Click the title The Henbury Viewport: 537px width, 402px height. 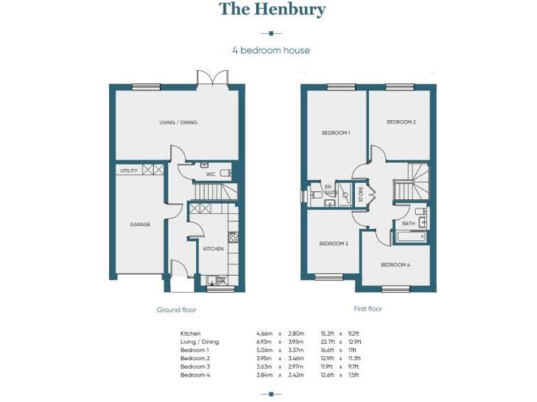(271, 10)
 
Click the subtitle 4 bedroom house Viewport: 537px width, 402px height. (271, 50)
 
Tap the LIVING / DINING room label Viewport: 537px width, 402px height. (178, 122)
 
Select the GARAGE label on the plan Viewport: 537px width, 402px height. (140, 225)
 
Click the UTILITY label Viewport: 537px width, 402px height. (129, 170)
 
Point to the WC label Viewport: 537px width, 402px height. (210, 174)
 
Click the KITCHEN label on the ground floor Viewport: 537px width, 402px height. (213, 248)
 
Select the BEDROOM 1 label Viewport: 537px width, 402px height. (336, 133)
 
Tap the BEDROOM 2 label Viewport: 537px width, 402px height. (401, 122)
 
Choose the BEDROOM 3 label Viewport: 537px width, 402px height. (334, 244)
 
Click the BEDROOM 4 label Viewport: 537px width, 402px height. (395, 265)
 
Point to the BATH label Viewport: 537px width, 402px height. (408, 223)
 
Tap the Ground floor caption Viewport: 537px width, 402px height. (176, 309)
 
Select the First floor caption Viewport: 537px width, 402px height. (368, 308)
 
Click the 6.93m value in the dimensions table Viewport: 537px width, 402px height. (265, 342)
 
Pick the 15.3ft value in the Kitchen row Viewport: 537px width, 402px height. (327, 334)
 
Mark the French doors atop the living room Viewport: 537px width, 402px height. (211, 78)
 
